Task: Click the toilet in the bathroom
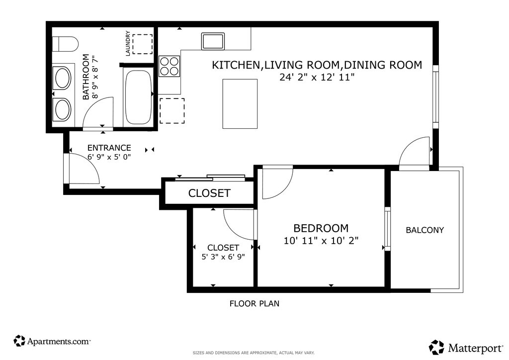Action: coord(65,44)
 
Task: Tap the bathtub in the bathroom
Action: coord(138,97)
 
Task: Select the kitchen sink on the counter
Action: coord(213,41)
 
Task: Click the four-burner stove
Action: coord(169,66)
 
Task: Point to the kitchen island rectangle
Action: coord(240,104)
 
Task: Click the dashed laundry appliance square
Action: coord(143,44)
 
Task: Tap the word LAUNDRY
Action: coord(128,43)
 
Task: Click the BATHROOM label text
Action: coord(85,77)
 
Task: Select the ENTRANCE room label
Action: coord(109,148)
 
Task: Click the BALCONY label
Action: coord(424,230)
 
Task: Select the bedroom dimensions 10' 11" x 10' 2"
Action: coord(321,241)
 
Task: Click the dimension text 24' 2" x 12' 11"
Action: coord(317,77)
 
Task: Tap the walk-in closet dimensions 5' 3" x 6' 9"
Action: coord(223,257)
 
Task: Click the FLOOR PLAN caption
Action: coord(254,303)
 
